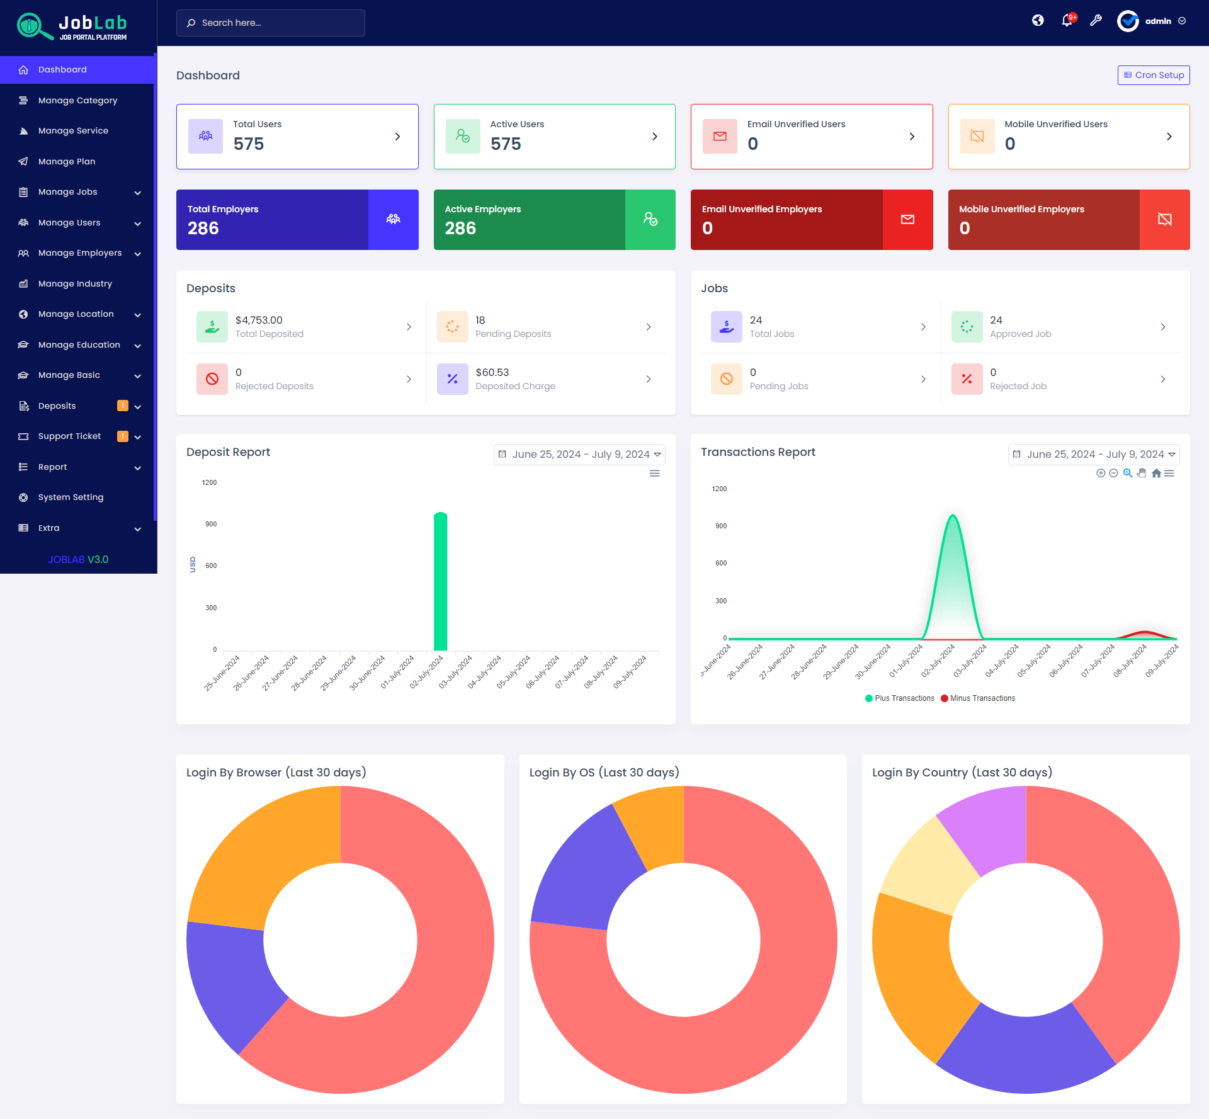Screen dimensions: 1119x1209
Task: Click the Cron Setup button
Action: (x=1153, y=75)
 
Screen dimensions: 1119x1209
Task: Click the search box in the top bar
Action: (x=271, y=23)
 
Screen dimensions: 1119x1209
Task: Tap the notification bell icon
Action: (x=1066, y=21)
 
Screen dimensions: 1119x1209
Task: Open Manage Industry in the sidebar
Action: (x=75, y=283)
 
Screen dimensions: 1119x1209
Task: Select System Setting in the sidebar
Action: (x=71, y=497)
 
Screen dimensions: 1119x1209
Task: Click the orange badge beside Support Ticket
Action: (x=123, y=436)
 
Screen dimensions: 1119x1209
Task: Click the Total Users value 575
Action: (x=249, y=144)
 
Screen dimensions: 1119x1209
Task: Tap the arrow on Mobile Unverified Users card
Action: (x=1169, y=137)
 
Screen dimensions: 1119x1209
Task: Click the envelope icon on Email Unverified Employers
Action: (x=907, y=219)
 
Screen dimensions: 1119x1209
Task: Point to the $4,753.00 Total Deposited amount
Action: (x=259, y=320)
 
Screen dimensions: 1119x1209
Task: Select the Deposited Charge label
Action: (x=515, y=386)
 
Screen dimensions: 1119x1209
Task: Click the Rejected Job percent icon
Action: (x=967, y=378)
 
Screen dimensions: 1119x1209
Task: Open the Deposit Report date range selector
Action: (x=579, y=454)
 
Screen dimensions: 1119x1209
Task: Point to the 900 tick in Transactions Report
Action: (x=721, y=526)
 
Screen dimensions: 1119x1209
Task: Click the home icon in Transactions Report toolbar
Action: (x=1156, y=474)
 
